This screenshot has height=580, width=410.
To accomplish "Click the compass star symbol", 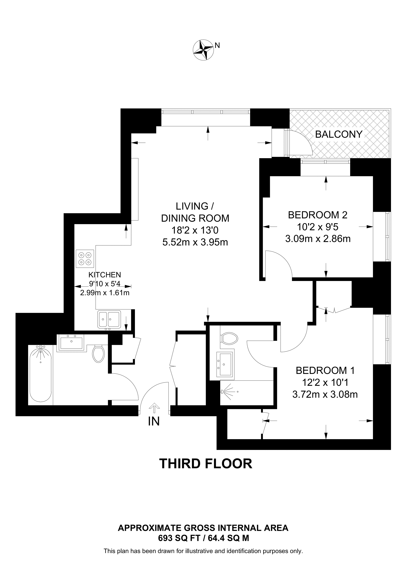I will pos(203,50).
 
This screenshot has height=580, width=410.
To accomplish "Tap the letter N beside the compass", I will pos(217,45).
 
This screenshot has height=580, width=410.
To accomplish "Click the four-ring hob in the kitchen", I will pos(85,259).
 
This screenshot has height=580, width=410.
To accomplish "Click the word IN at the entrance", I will pos(154,421).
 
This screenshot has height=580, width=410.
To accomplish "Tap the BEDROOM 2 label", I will pos(318,215).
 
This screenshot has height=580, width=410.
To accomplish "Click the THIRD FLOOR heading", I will pos(206,464).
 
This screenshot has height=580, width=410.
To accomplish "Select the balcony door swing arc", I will pos(304,143).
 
